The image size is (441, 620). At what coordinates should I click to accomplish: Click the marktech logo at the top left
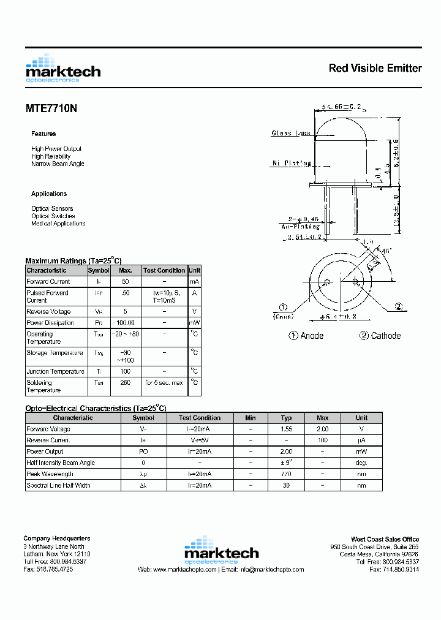point(62,69)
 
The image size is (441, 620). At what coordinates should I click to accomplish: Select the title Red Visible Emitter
point(375,68)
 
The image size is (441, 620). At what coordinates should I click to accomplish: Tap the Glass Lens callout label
point(291,133)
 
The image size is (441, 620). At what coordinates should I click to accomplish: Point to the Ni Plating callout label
point(292,163)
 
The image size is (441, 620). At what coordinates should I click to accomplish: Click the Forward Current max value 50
point(126,282)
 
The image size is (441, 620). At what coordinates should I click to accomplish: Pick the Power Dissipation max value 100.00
point(126,323)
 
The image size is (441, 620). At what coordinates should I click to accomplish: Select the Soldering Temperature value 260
point(126,383)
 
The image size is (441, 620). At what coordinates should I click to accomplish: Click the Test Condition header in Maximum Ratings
point(164,270)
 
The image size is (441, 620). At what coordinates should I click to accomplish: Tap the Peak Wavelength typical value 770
point(286,474)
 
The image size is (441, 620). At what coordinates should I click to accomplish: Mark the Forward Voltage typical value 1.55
point(286,429)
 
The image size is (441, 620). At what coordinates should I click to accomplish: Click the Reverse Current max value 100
point(323,440)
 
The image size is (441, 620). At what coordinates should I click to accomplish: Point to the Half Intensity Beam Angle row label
point(61,463)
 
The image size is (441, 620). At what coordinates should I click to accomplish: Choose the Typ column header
point(286,418)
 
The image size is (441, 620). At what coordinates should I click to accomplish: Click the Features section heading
point(43,134)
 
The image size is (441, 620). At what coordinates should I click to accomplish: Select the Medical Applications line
point(58,224)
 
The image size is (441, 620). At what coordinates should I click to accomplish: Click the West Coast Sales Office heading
point(385,539)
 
